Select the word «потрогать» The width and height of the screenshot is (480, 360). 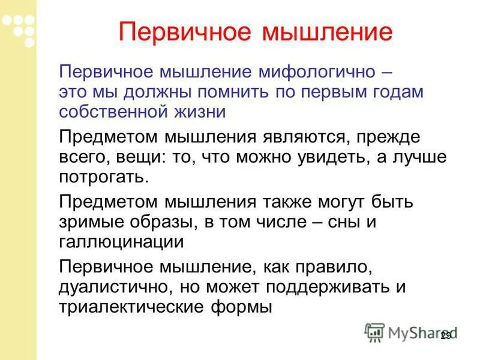pos(103,177)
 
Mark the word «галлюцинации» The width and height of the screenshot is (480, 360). pos(121,242)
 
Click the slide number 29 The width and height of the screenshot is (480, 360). pos(445,335)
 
